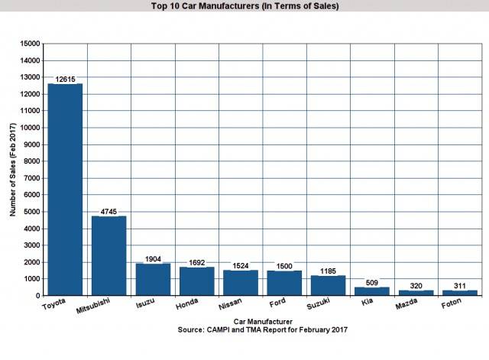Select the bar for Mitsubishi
[109, 255]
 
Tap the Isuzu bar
[153, 279]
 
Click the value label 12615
[65, 79]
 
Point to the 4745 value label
[109, 211]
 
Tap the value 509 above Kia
[372, 282]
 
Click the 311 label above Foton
[460, 285]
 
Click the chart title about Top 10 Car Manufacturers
[244, 6]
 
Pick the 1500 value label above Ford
[284, 265]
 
